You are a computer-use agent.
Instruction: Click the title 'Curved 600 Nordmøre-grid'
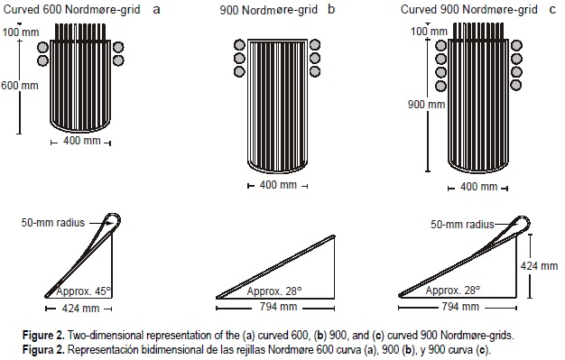(x=71, y=9)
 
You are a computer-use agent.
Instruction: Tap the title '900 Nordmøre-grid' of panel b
(x=268, y=10)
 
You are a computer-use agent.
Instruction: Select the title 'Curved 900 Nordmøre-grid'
(x=468, y=9)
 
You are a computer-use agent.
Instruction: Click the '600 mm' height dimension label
(x=20, y=86)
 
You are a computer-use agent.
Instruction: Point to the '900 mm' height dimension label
(x=426, y=105)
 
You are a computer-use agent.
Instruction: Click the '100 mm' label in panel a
(x=21, y=32)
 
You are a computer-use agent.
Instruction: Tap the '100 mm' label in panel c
(x=429, y=31)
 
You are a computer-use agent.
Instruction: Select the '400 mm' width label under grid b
(x=278, y=185)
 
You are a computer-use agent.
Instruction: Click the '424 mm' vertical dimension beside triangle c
(x=539, y=266)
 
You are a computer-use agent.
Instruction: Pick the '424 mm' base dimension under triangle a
(x=80, y=309)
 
